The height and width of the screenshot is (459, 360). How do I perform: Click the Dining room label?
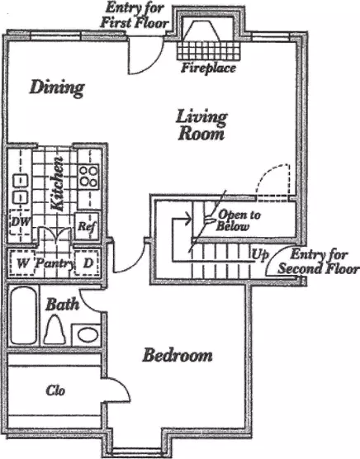point(57,88)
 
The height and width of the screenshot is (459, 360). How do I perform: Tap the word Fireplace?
point(208,69)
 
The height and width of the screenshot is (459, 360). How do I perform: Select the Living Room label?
point(201,125)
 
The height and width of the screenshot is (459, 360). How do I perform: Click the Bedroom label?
point(178,355)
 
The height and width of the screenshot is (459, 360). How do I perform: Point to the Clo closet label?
point(55,390)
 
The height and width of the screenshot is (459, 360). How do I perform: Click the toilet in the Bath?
point(54,329)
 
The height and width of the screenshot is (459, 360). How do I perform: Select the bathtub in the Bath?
point(24,315)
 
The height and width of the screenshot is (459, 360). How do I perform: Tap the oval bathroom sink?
point(88,334)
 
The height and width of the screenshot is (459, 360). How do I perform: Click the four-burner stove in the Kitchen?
point(88,177)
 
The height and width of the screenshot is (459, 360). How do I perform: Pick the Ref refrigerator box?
point(87,226)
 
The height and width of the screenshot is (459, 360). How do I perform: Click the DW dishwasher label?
point(21,221)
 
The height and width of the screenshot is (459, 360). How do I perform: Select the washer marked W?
point(21,263)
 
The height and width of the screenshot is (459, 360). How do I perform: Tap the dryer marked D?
point(88,263)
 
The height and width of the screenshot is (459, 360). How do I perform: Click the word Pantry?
point(54,263)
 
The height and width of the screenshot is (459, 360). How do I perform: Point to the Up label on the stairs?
point(260,255)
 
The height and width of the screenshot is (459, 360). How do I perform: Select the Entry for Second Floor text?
point(319,262)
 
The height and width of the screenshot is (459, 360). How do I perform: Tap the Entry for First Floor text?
point(135,16)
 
